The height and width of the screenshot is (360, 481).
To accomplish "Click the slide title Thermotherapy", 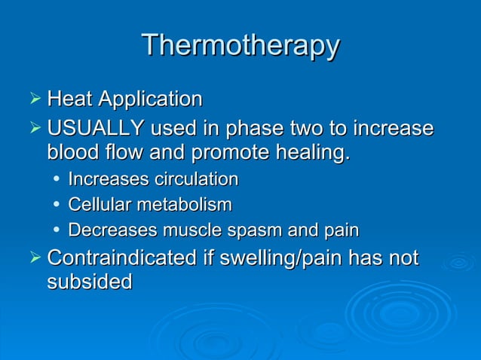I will (x=240, y=45).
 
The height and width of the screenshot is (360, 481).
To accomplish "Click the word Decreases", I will (x=106, y=230).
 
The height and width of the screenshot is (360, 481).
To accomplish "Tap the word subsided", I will (x=89, y=282).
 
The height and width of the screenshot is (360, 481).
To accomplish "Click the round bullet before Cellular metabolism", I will (x=57, y=205).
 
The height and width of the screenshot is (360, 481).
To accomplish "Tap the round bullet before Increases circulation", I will (x=57, y=180).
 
